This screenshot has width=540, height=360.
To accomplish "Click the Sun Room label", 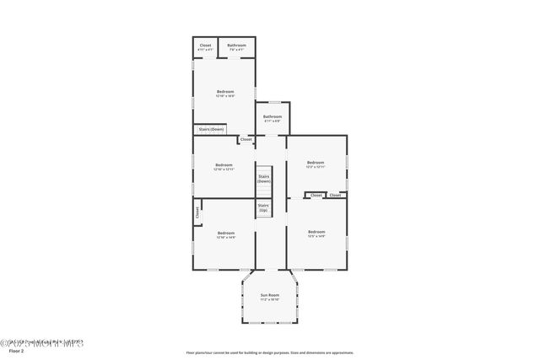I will [x=269, y=295].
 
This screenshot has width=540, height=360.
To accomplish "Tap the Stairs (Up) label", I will [x=263, y=207].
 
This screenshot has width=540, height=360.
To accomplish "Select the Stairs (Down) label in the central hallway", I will [x=263, y=179].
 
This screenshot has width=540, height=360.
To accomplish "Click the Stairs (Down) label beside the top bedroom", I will [x=211, y=129].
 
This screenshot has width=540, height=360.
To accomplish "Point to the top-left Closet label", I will [x=205, y=45].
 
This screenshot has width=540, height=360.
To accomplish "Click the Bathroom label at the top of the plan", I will [x=237, y=45].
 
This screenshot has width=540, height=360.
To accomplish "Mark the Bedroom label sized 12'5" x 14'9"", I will [x=316, y=232].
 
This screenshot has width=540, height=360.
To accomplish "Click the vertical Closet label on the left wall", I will [x=198, y=213].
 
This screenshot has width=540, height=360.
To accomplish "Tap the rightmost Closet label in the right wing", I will [x=335, y=195].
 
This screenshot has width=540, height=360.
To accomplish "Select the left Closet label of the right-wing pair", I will [x=316, y=195].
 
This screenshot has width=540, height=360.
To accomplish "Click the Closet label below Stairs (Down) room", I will [x=246, y=139].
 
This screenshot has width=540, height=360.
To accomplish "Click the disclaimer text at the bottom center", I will [x=269, y=353].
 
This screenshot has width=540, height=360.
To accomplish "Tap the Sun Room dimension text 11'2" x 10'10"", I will [x=269, y=300].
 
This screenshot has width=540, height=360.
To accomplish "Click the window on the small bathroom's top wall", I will [x=273, y=103].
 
